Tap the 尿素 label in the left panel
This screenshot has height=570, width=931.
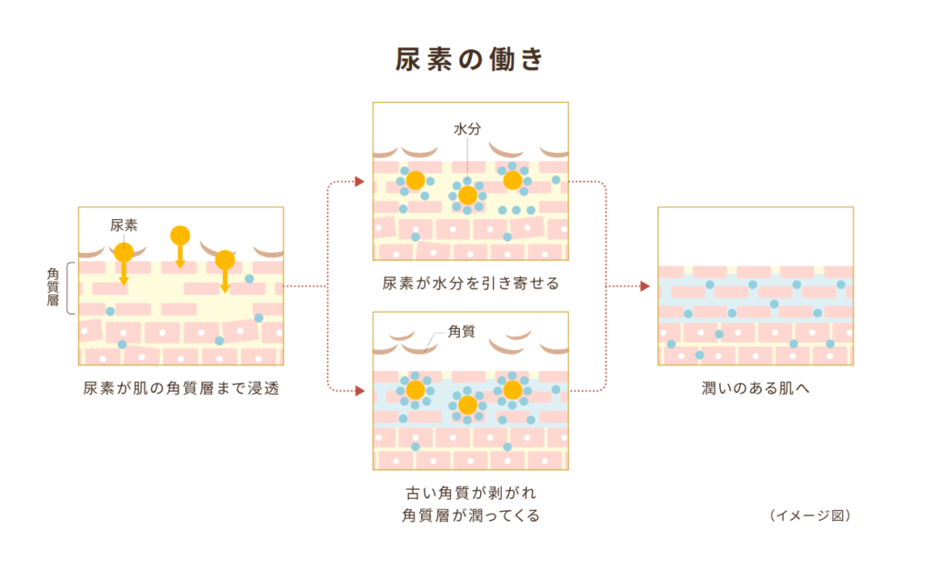[x=124, y=225]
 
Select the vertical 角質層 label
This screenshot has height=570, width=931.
[x=53, y=286]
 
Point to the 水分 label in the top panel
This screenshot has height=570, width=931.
[x=467, y=129]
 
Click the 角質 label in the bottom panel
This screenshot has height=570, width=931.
[x=463, y=333]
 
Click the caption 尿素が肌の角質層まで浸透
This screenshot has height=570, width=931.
[x=180, y=389]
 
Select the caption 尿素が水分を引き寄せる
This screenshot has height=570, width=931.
[x=470, y=284]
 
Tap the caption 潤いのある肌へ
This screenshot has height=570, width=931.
[x=756, y=389]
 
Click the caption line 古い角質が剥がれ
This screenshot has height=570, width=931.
[x=470, y=494]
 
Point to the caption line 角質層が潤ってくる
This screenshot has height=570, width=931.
[x=470, y=515]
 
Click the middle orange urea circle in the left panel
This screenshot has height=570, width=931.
[x=180, y=235]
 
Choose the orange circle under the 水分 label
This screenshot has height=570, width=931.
[x=467, y=195]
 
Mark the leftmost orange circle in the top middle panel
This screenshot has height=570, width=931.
[x=415, y=180]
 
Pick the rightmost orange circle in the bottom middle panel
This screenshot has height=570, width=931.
[x=513, y=390]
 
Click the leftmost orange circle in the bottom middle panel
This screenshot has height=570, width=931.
[x=415, y=390]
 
